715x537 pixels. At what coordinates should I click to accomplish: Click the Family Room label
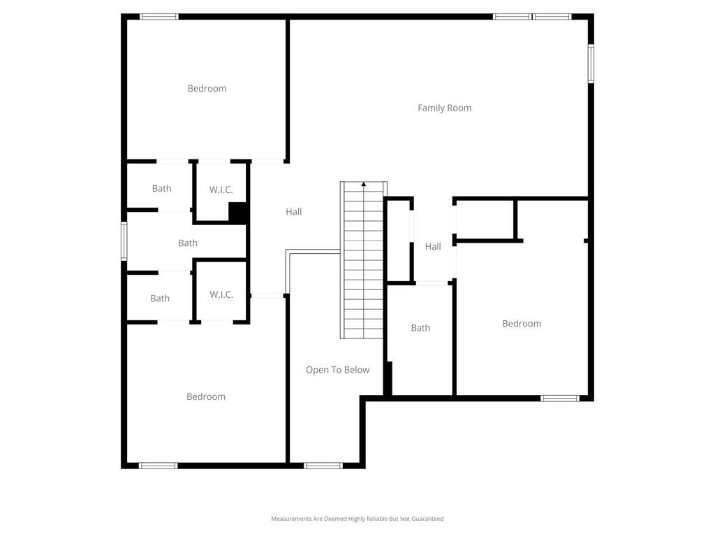click(445, 108)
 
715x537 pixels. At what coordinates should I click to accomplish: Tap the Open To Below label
click(337, 370)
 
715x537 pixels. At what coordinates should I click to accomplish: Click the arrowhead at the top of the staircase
click(363, 184)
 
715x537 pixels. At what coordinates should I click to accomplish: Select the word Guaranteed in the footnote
click(428, 519)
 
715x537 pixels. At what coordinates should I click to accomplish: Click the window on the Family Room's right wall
click(591, 64)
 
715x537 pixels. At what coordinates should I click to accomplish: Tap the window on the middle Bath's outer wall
click(124, 241)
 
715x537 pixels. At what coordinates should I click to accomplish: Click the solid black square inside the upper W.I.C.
click(237, 213)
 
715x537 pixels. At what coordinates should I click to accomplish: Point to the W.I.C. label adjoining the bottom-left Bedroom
click(221, 294)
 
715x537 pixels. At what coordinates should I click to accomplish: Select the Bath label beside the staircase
click(420, 328)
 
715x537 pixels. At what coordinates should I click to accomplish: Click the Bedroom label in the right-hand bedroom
click(522, 324)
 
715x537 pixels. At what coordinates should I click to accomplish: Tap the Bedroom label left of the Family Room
click(207, 89)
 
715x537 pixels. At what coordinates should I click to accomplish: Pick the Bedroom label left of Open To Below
click(206, 397)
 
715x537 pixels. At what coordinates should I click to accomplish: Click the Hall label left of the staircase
click(294, 212)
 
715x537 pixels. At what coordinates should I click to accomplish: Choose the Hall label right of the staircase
click(433, 247)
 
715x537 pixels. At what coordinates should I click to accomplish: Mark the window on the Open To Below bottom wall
click(323, 466)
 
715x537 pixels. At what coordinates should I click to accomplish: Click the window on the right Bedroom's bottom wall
click(560, 399)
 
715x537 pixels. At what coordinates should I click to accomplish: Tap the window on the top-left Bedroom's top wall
click(159, 17)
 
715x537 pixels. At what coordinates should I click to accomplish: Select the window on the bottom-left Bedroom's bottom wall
click(159, 466)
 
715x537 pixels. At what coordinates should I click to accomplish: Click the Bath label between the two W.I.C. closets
click(188, 243)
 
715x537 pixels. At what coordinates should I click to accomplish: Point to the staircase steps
click(363, 260)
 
